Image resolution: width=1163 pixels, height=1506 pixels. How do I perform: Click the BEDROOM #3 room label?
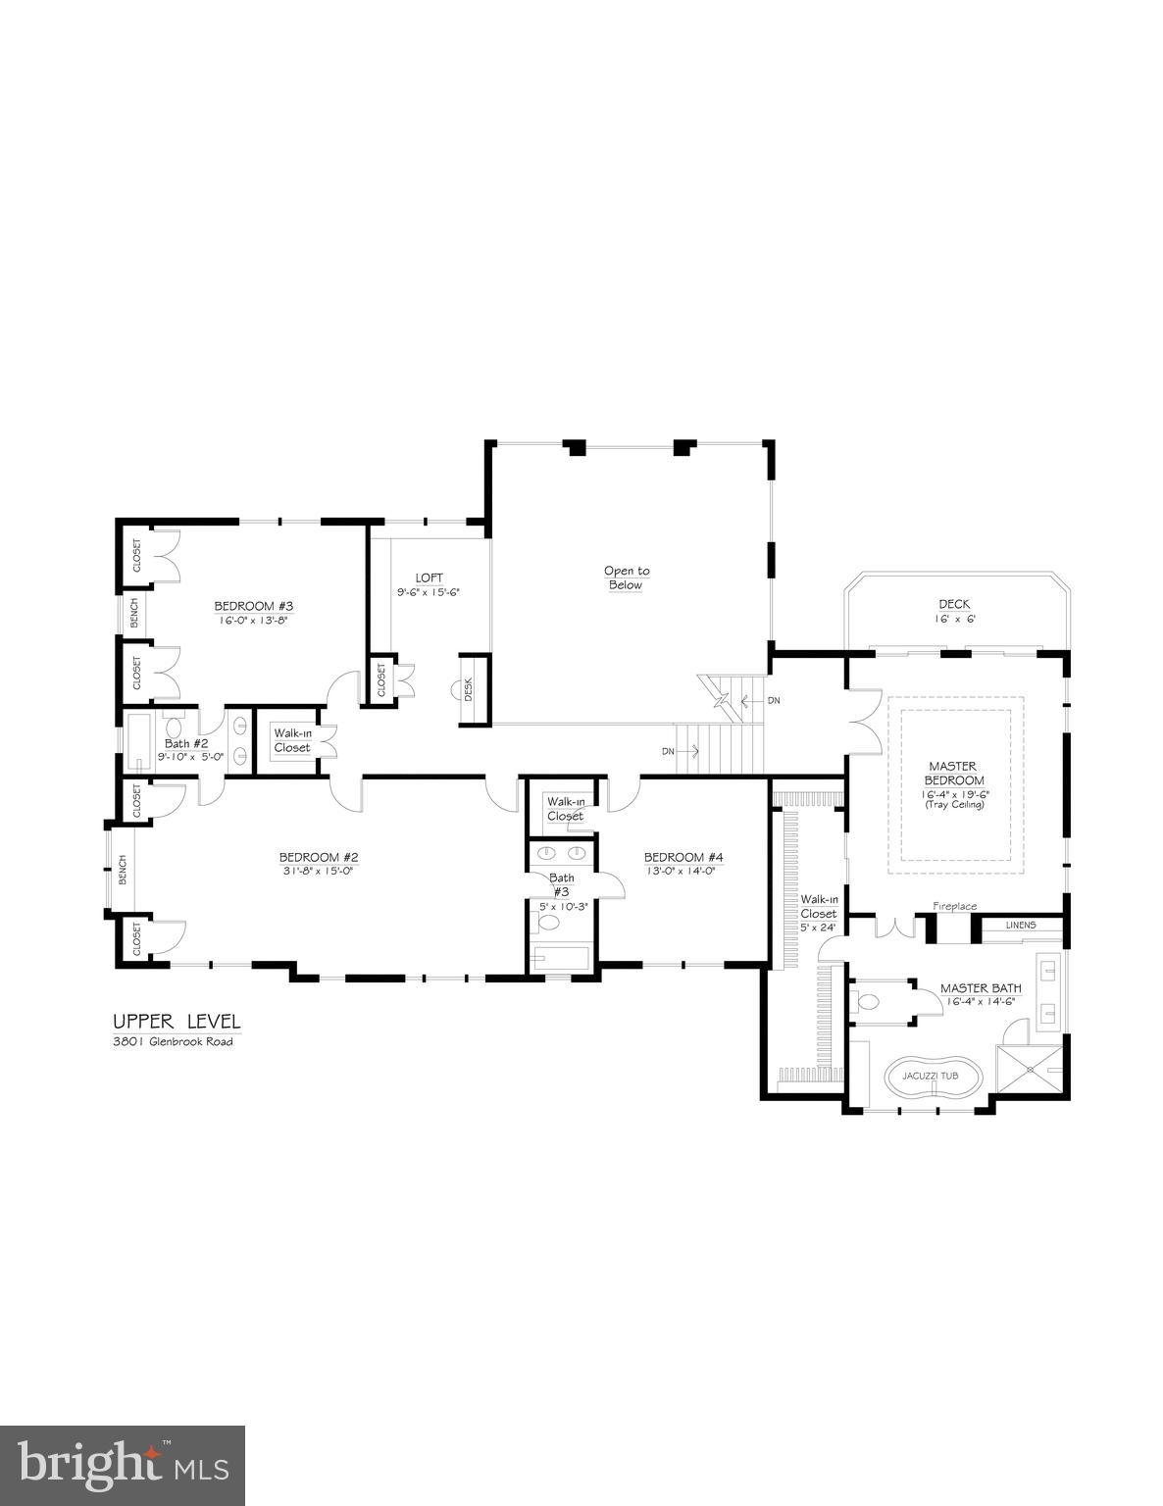click(x=254, y=606)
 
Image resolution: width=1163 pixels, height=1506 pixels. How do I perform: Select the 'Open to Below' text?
click(x=626, y=577)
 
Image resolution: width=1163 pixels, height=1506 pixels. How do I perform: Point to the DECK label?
click(x=953, y=604)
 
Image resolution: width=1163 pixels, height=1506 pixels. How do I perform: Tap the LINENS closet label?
click(x=1022, y=925)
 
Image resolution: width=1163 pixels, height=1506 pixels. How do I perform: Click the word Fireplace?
click(x=954, y=906)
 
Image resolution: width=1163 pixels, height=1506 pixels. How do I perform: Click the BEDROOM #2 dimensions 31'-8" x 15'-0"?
click(x=319, y=870)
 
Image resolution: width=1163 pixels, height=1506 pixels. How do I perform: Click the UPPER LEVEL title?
click(x=176, y=1022)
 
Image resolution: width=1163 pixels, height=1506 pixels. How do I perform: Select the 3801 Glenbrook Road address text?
click(x=172, y=1041)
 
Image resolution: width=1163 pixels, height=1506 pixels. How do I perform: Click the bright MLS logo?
click(x=123, y=1466)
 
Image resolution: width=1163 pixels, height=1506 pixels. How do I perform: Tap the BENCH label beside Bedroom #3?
click(x=134, y=614)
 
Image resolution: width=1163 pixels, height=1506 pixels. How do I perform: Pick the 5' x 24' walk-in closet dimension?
click(x=818, y=927)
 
